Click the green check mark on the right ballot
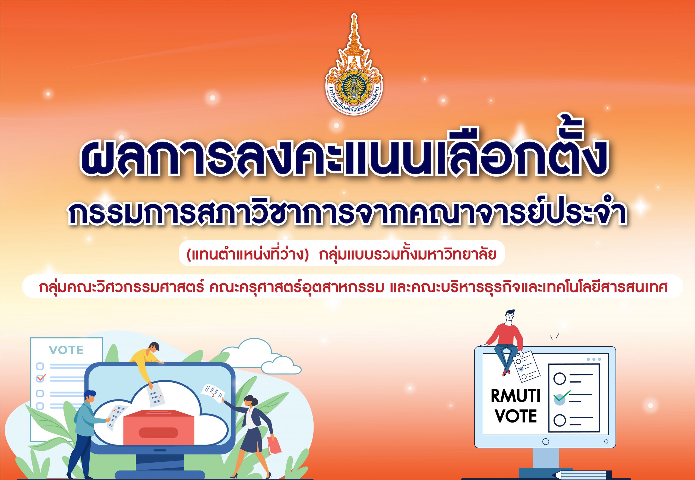[x=562, y=396]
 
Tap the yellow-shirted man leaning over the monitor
[x=146, y=362]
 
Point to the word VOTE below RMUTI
[x=516, y=416]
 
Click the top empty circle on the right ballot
[x=560, y=379]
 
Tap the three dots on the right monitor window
[x=594, y=359]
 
